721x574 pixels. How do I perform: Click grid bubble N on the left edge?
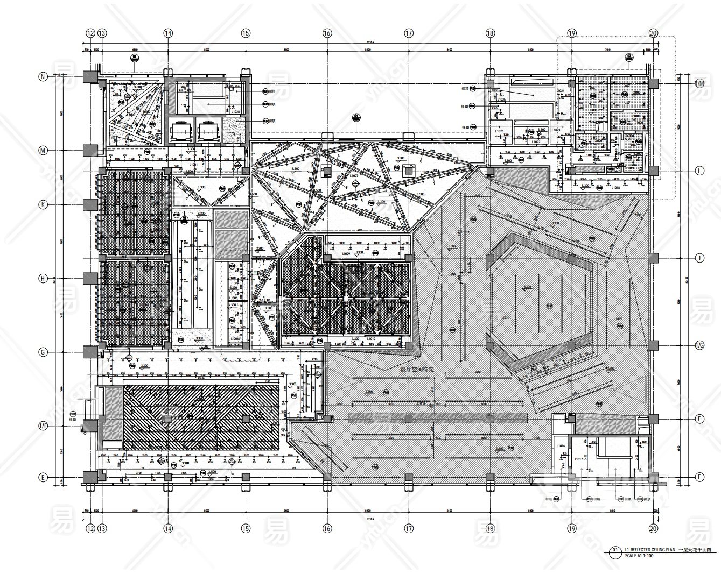44,77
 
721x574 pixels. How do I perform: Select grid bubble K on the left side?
44,204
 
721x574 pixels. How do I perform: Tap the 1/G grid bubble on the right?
699,345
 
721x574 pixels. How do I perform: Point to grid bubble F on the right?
699,419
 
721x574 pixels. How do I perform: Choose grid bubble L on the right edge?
699,171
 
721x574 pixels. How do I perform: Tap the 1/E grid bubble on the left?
44,426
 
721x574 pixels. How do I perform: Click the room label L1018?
615,188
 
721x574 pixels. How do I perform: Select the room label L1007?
354,176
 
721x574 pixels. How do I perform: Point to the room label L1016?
561,446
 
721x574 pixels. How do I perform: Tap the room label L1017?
578,459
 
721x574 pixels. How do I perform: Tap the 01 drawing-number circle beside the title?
615,550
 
